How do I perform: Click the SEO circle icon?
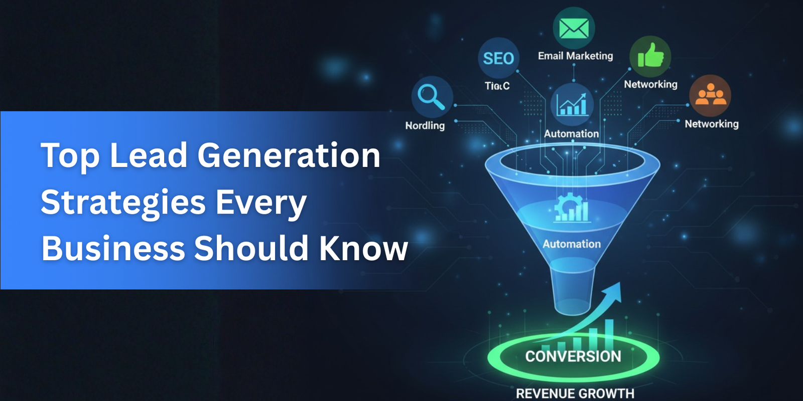click(x=498, y=58)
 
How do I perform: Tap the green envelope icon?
click(x=574, y=28)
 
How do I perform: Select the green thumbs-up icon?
click(x=650, y=56)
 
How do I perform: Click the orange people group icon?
click(x=710, y=95)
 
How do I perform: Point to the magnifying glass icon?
click(x=432, y=97)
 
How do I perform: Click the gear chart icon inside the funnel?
click(x=572, y=208)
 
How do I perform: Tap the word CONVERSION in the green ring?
click(x=573, y=356)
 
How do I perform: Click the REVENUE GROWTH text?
click(x=575, y=393)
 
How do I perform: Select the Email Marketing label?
click(x=575, y=56)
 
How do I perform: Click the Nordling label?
click(x=425, y=125)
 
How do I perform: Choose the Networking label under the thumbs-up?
click(x=650, y=84)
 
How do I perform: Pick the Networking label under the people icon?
click(x=712, y=124)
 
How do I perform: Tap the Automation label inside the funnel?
click(x=572, y=244)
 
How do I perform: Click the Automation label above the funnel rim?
click(x=571, y=134)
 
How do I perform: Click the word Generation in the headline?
click(x=289, y=155)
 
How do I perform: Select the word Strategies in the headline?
click(x=123, y=202)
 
